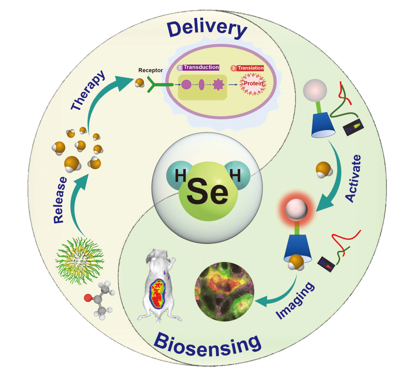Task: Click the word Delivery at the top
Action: (x=207, y=29)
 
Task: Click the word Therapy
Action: (x=90, y=92)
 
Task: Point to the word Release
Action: (x=61, y=200)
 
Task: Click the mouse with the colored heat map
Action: (x=158, y=288)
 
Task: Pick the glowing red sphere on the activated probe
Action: (x=296, y=209)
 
